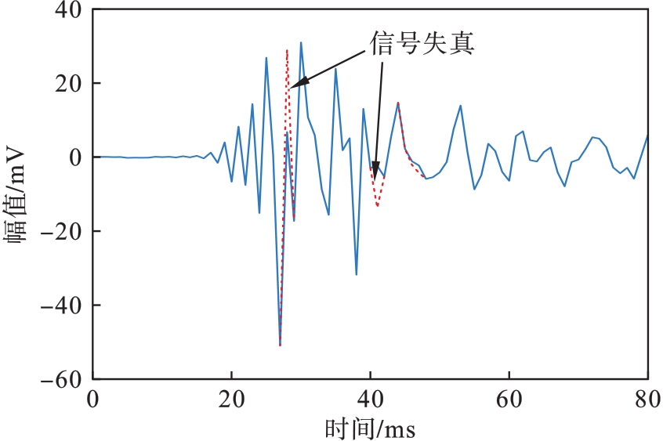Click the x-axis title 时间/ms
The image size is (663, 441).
click(x=370, y=427)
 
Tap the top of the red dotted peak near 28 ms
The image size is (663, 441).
click(x=287, y=50)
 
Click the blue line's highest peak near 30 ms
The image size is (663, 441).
click(x=301, y=43)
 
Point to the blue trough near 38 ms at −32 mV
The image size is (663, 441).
click(x=357, y=274)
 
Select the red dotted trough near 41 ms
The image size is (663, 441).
click(x=377, y=206)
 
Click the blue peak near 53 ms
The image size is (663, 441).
click(x=460, y=106)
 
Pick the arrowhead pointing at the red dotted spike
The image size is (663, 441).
click(x=292, y=86)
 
